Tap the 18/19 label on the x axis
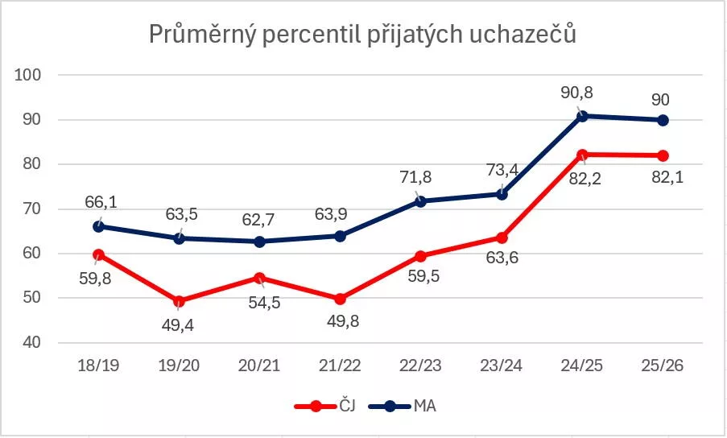click(98, 366)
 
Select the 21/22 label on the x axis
click(340, 366)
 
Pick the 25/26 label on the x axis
click(662, 366)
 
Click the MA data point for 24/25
click(582, 116)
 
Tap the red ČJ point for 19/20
click(179, 301)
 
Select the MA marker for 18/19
click(98, 226)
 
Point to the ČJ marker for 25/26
click(663, 155)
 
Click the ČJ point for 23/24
click(502, 238)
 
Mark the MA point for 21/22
click(340, 236)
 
